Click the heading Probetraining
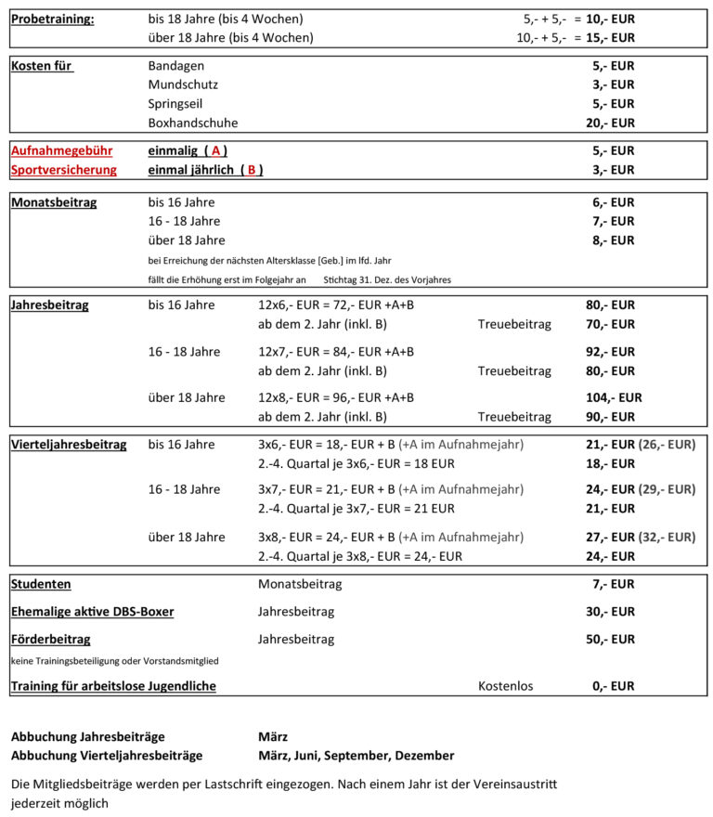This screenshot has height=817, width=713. tap(52, 19)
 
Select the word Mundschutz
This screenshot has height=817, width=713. tap(183, 84)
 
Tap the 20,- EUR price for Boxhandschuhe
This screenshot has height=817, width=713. tap(613, 123)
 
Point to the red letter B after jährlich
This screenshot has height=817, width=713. tap(251, 170)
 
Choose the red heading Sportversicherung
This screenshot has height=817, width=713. tap(64, 170)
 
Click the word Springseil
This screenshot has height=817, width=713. tap(175, 104)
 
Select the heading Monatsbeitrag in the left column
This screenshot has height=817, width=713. tap(54, 202)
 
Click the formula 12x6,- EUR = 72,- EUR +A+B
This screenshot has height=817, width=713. tap(335, 305)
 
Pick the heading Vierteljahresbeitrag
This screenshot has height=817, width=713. tap(69, 445)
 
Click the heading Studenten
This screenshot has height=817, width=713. tap(41, 584)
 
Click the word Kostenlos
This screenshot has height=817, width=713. tap(505, 686)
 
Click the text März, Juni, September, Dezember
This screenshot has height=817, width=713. tap(356, 756)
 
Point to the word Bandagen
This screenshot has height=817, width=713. tap(176, 66)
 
